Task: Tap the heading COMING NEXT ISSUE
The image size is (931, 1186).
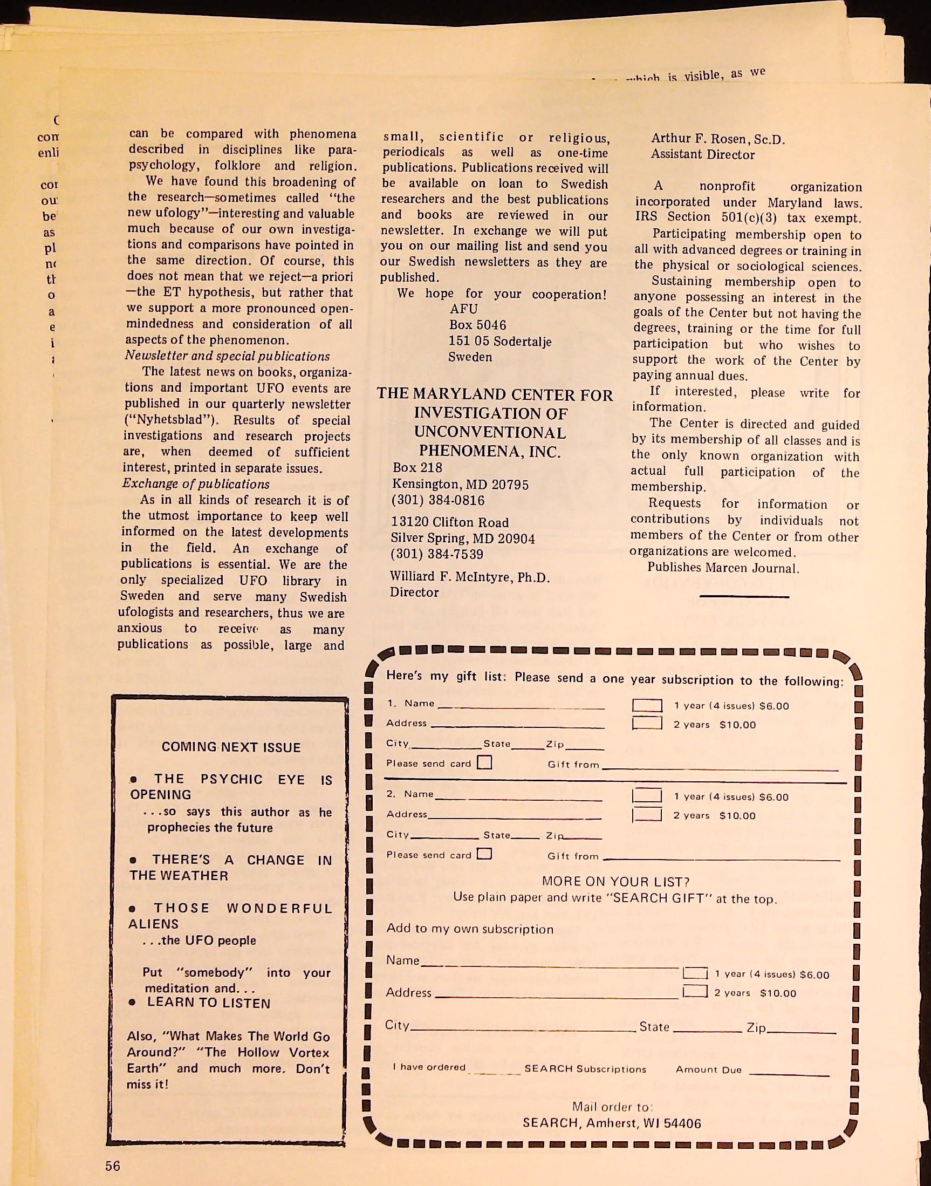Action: (231, 747)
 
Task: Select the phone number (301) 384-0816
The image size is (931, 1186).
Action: (437, 500)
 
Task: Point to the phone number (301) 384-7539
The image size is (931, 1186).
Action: (437, 554)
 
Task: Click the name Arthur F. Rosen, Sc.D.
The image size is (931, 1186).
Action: (717, 139)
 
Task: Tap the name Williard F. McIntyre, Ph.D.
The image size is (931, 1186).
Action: (464, 577)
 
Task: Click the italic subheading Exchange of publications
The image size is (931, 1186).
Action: (196, 484)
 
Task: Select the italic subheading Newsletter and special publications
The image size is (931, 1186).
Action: (227, 356)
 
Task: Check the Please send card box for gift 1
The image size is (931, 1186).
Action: (484, 762)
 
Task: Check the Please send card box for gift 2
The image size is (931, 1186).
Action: (484, 854)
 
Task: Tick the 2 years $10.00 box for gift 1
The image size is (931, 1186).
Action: (647, 724)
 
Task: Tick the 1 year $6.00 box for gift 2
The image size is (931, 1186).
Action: (647, 795)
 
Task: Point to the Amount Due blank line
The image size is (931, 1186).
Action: (789, 1073)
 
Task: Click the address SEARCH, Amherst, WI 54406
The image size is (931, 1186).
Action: (612, 1123)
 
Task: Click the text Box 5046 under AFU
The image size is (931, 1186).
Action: (477, 325)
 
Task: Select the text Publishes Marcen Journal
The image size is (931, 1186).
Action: (723, 568)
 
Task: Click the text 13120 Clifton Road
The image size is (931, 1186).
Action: (450, 522)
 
